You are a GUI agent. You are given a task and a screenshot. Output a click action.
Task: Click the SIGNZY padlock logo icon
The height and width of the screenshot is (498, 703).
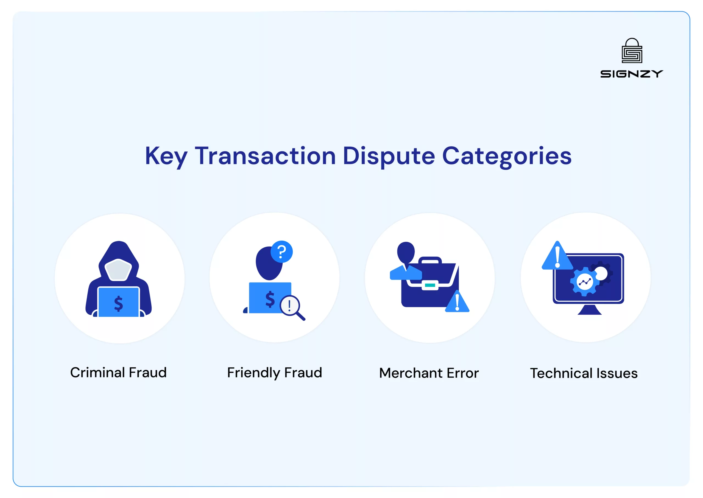pos(632,50)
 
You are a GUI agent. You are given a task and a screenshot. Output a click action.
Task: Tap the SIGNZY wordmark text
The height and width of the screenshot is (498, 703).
pos(632,74)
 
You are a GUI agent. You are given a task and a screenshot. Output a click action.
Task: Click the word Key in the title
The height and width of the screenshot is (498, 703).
pos(166,157)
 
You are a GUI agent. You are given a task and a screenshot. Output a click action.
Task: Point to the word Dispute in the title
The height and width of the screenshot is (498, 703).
pos(389,157)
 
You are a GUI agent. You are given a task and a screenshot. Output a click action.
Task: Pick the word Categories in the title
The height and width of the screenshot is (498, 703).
pos(507,157)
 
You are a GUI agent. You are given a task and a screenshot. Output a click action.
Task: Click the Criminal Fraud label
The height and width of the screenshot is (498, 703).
pos(118,372)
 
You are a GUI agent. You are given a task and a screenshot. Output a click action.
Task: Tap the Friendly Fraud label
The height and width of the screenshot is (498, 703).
pos(275,373)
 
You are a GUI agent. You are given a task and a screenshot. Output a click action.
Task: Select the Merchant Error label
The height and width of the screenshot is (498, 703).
pos(429,373)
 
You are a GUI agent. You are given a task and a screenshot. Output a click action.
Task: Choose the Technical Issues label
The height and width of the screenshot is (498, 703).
pos(584,373)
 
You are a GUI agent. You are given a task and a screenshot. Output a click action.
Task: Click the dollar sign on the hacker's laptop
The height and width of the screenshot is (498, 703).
pos(118,304)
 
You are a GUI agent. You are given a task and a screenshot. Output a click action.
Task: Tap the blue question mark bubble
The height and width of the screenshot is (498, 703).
pos(281,252)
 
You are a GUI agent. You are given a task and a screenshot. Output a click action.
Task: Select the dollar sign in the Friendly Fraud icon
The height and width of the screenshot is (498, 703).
pos(270,299)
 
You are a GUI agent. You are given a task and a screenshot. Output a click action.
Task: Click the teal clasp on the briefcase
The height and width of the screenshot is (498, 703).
pos(430,285)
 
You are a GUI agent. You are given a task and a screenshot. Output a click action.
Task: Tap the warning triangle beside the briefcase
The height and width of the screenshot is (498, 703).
pos(457,301)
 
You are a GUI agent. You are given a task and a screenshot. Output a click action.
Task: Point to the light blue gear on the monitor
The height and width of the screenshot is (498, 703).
pos(585,281)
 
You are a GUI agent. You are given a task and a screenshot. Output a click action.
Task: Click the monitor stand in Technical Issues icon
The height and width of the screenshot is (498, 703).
pos(590,310)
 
